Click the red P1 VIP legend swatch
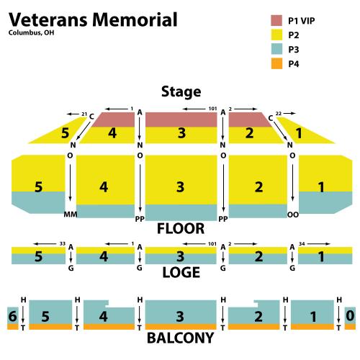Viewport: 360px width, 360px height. (x=276, y=20)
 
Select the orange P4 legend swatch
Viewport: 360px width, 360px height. (x=276, y=63)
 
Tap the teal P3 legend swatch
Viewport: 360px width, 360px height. (x=276, y=49)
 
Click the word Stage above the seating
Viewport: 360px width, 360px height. (x=181, y=92)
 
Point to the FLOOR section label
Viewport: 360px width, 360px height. (x=181, y=228)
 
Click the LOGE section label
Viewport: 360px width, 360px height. (x=181, y=272)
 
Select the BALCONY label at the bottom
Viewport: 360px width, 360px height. (x=180, y=338)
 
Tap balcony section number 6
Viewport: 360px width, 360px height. (x=13, y=316)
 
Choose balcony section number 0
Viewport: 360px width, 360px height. (x=350, y=315)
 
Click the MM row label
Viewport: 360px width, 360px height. (x=71, y=215)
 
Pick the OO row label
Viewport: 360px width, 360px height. (x=293, y=215)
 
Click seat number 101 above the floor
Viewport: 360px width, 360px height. (x=212, y=109)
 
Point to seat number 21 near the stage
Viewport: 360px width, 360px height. (x=84, y=114)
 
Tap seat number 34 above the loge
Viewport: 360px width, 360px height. (x=302, y=244)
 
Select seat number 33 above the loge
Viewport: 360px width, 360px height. (x=63, y=244)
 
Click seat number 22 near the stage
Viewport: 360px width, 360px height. (x=279, y=113)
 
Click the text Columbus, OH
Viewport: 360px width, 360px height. (x=31, y=32)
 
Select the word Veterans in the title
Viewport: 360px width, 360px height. (x=48, y=19)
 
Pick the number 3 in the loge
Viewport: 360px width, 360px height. (x=181, y=256)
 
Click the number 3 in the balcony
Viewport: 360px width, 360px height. (x=180, y=316)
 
